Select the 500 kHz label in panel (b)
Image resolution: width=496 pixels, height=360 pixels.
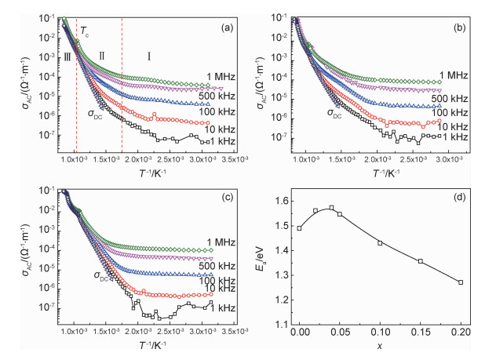452,98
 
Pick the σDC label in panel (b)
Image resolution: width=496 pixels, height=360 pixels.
335,112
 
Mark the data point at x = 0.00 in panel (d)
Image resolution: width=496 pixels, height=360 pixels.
299,228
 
